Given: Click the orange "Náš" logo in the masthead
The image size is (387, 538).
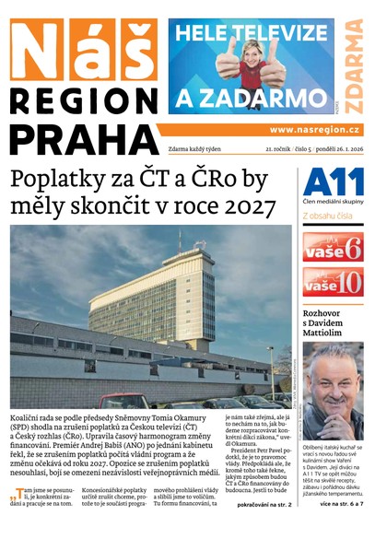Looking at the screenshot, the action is [83, 50].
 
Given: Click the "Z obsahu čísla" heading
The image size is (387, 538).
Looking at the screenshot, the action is [332, 216].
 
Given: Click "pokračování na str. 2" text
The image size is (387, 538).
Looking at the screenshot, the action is [264, 506].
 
